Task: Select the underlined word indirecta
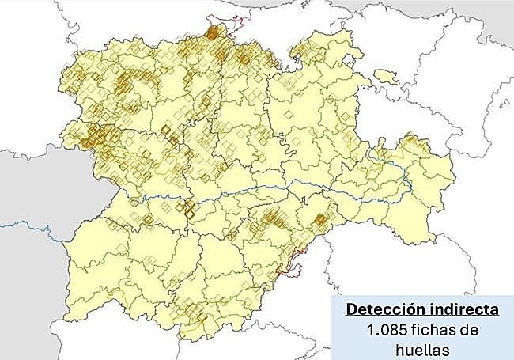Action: point(455,309)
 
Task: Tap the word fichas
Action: point(434,328)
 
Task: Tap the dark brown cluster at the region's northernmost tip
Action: point(214,32)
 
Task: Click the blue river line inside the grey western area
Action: point(32,227)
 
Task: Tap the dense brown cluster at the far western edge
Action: point(93,135)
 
